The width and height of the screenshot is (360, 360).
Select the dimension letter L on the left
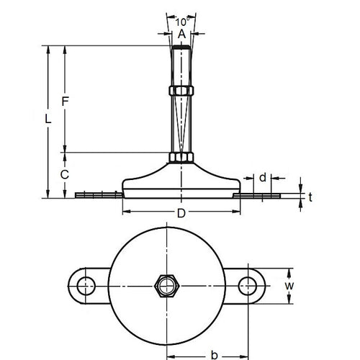[x=48, y=121]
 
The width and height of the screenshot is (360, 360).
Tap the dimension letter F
[x=65, y=102]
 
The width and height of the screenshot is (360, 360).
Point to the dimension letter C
[x=64, y=174]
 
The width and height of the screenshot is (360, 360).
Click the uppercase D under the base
[x=181, y=214]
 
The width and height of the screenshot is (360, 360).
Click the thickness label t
[x=311, y=195]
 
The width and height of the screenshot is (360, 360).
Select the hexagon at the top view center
[x=168, y=286]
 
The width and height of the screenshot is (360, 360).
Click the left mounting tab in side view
[x=97, y=194]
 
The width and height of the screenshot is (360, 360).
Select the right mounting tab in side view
[x=263, y=194]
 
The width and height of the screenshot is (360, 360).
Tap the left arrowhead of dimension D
[x=126, y=211]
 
